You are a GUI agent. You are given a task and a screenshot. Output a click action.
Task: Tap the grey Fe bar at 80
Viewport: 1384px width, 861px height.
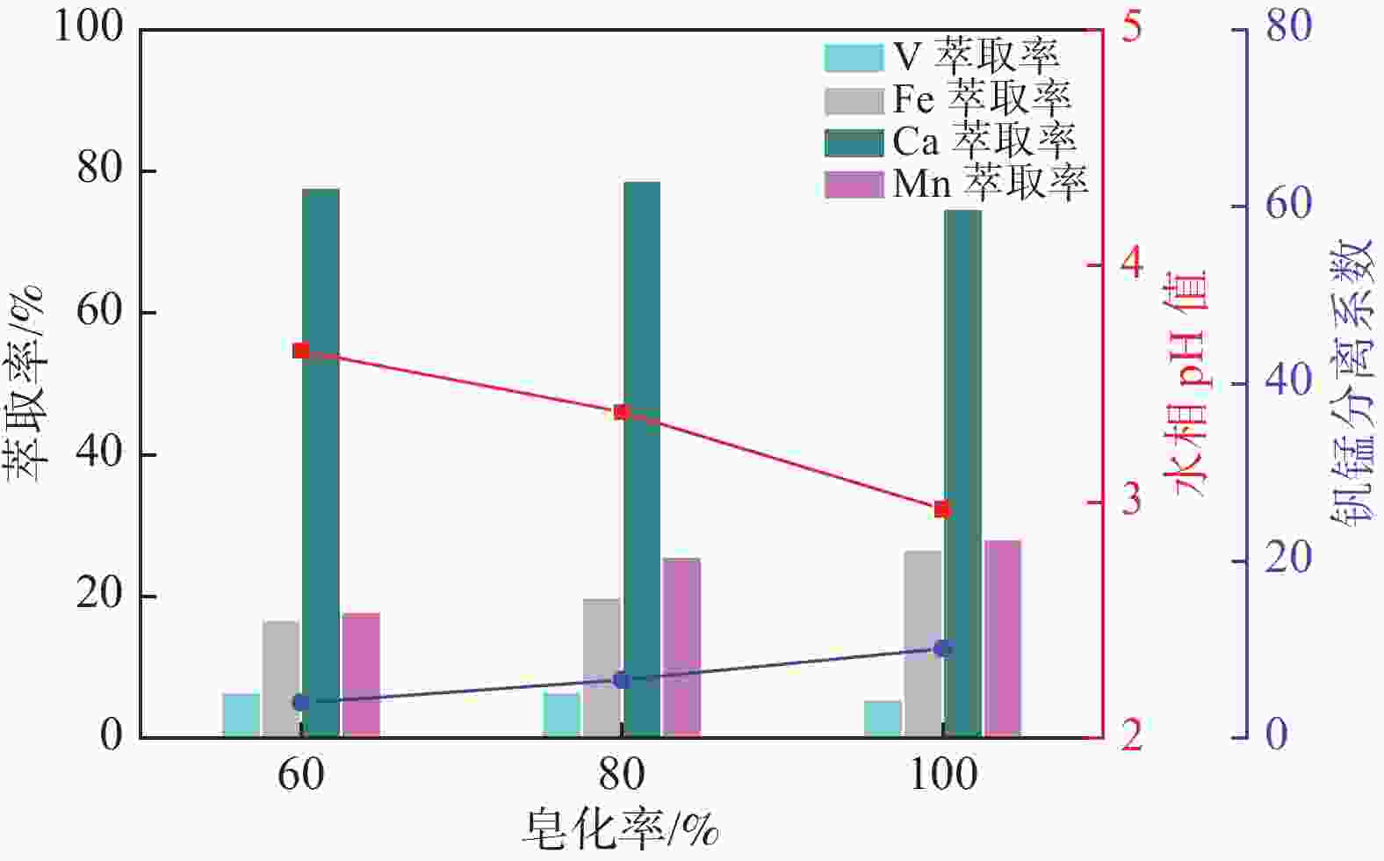602,667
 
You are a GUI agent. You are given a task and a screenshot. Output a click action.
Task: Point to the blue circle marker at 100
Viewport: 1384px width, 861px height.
943,648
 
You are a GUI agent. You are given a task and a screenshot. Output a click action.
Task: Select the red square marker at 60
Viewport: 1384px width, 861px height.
301,351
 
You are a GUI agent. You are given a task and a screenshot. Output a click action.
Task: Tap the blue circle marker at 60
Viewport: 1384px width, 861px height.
301,703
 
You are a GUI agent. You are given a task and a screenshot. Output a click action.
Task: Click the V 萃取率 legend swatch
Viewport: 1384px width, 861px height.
853,58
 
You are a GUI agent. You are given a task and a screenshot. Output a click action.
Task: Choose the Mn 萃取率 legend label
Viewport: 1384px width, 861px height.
990,184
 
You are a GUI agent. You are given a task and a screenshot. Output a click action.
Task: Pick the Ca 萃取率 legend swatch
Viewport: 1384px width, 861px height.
853,142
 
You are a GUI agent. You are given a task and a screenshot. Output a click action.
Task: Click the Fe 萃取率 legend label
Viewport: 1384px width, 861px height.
982,99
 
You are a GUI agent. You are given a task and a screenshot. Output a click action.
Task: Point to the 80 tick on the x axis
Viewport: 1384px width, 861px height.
622,775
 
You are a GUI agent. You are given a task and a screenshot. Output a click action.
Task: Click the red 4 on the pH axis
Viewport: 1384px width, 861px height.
1133,264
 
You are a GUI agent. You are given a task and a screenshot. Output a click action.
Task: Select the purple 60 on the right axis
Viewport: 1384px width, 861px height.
1288,205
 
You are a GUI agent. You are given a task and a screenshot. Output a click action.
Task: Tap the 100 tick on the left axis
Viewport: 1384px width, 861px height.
89,26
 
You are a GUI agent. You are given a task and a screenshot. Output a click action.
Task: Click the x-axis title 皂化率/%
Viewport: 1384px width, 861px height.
622,828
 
